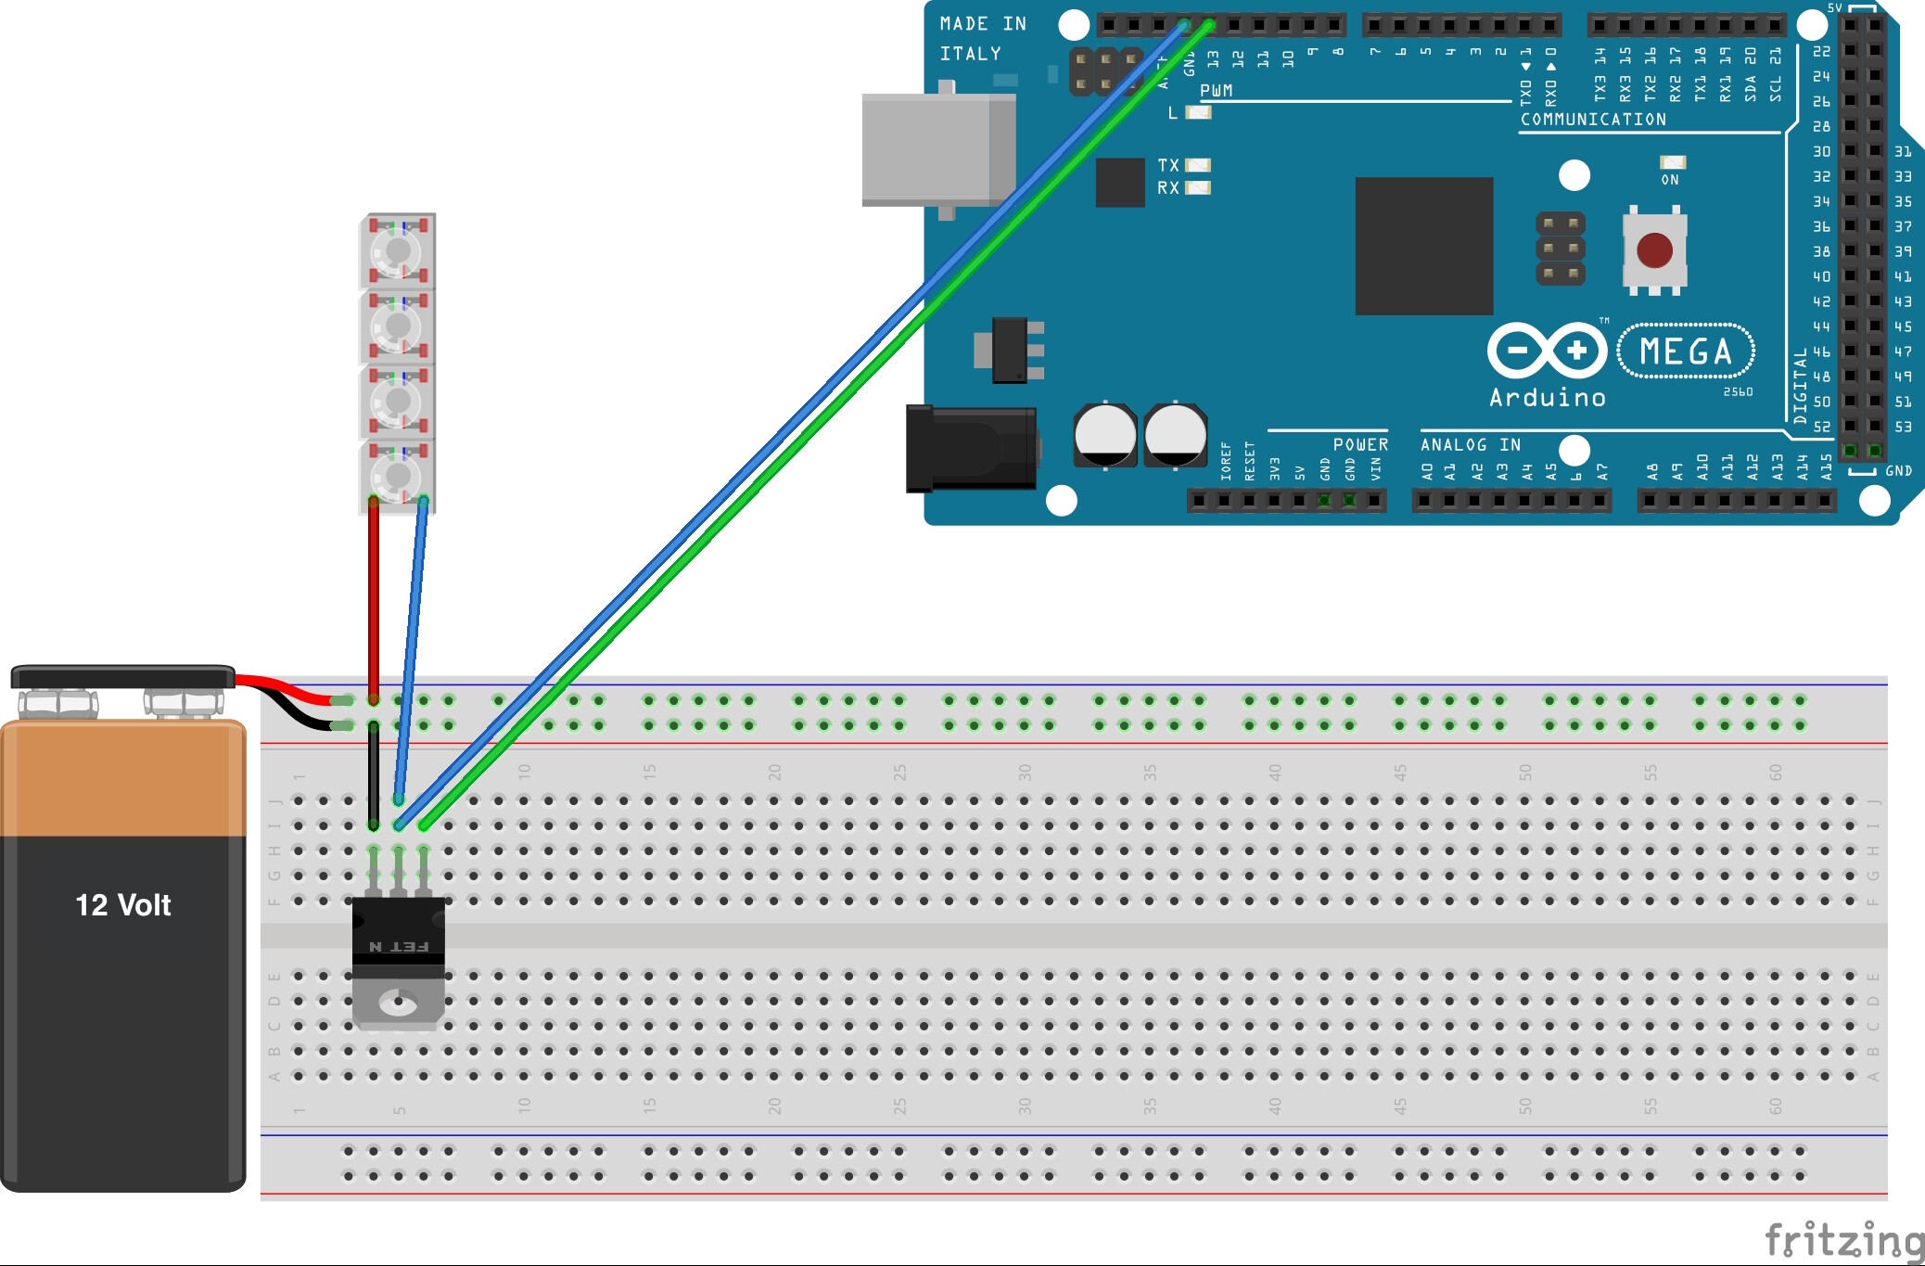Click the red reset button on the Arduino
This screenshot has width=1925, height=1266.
1654,249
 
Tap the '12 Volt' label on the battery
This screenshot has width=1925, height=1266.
122,905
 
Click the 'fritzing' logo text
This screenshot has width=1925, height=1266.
1842,1241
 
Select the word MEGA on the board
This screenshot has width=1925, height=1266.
1686,352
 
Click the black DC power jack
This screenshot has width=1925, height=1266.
970,449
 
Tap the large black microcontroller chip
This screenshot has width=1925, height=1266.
1423,246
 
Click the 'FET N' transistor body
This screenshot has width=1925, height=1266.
399,937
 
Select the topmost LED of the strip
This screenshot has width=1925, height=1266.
398,250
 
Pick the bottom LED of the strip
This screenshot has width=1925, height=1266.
398,477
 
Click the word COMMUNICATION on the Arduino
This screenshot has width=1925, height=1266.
1593,120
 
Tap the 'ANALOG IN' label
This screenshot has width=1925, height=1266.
1470,445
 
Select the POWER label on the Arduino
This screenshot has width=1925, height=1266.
1360,445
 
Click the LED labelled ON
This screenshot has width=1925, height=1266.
1672,162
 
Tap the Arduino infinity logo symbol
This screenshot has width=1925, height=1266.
1547,351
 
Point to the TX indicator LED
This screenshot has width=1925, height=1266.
1198,165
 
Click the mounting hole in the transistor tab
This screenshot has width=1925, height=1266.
399,1002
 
